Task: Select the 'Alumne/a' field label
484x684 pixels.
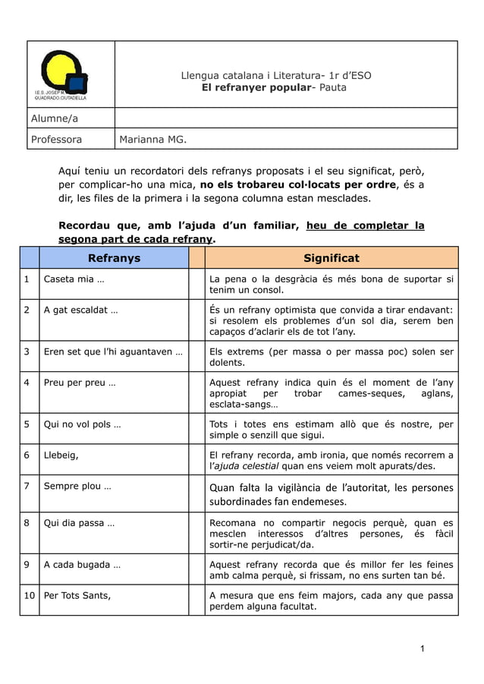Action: point(54,118)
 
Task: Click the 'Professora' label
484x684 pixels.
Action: point(56,139)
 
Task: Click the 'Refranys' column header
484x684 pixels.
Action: point(114,258)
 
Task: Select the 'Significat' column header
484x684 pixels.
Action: point(331,258)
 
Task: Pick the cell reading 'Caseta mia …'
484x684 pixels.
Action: point(74,279)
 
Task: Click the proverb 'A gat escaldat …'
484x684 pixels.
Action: point(80,310)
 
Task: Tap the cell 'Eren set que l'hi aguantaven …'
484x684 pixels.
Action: point(112,351)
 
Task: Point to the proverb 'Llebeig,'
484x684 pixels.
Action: point(61,455)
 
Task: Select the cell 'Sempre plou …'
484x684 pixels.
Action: point(77,486)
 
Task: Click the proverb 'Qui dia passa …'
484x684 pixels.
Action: point(79,523)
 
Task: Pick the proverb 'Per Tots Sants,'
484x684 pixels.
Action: point(77,595)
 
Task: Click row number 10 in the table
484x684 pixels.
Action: point(29,595)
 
